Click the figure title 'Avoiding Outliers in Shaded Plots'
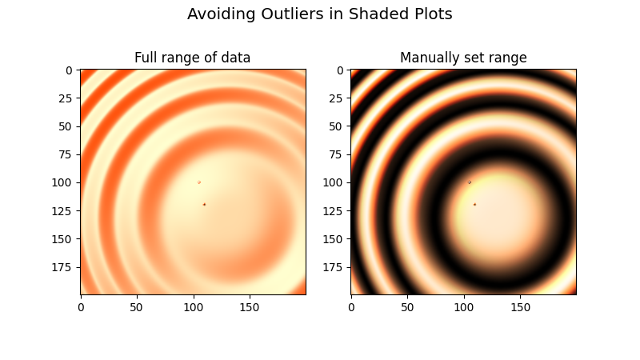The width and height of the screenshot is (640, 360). pos(320,14)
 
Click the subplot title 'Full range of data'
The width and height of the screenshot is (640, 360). pos(192,58)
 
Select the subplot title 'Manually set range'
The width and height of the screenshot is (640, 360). pos(463,58)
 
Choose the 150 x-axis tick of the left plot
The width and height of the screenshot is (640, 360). pos(250,306)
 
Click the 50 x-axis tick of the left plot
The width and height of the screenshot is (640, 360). pos(137,306)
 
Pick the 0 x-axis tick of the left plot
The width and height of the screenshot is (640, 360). pos(81,306)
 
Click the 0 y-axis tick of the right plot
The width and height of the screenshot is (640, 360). pos(341,70)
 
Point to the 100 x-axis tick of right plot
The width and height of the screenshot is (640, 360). pos(464,306)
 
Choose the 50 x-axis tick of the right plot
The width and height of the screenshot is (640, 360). pos(407,306)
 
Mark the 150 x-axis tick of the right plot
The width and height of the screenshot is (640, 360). pos(520,306)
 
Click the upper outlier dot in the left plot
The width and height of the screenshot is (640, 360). pos(199,182)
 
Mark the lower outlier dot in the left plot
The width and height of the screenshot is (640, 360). pos(204,205)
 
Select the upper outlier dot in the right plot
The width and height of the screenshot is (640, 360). pos(470,182)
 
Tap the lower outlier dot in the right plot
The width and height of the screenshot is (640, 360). pos(474,205)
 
